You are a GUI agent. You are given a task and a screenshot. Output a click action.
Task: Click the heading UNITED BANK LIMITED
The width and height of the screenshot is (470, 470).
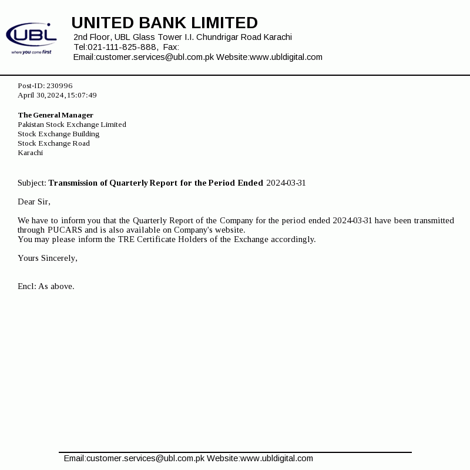pos(164,23)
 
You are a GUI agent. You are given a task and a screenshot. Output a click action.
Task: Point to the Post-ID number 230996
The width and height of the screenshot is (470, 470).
pos(59,86)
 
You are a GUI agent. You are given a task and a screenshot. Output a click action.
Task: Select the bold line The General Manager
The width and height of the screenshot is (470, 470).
pos(55,115)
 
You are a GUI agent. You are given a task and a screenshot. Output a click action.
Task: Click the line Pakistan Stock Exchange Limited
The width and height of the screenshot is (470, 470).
pos(72,125)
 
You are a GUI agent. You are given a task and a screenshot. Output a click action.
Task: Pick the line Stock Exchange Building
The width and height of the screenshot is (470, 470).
pos(58,134)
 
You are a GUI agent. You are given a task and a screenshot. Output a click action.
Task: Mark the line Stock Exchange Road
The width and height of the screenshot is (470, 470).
pos(53,143)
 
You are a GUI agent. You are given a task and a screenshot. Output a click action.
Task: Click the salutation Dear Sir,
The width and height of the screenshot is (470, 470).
pos(34,202)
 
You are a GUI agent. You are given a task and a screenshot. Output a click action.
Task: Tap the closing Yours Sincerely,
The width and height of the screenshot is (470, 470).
pos(48,258)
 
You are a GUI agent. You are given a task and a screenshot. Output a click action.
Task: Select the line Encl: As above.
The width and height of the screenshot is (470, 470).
pos(46,287)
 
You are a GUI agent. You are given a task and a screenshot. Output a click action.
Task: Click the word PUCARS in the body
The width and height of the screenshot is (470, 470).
pos(65,230)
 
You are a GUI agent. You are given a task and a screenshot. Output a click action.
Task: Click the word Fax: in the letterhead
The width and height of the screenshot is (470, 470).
pos(171,47)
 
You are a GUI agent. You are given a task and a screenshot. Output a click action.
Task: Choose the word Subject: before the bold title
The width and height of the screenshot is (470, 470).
pos(32,183)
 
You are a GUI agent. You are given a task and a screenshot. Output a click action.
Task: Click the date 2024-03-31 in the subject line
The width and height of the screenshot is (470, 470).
pos(286,183)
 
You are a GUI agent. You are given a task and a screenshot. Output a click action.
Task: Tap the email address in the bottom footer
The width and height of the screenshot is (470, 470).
pos(134,458)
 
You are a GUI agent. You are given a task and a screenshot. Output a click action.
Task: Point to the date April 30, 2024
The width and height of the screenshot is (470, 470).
pos(41,95)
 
